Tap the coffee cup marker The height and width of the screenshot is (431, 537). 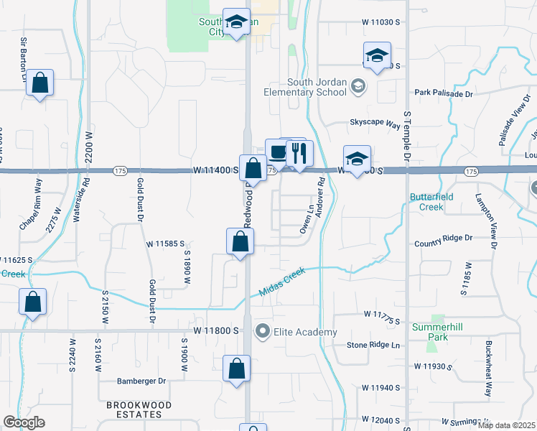tap(278, 152)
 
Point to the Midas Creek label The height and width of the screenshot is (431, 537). tap(281, 281)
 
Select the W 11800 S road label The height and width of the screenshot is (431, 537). tap(215, 331)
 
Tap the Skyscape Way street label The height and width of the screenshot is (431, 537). tap(374, 124)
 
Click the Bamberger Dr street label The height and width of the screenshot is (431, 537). tap(141, 381)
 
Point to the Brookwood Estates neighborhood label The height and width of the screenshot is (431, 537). tap(139, 410)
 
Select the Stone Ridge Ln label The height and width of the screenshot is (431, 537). tap(373, 346)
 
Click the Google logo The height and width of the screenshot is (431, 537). tap(24, 422)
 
